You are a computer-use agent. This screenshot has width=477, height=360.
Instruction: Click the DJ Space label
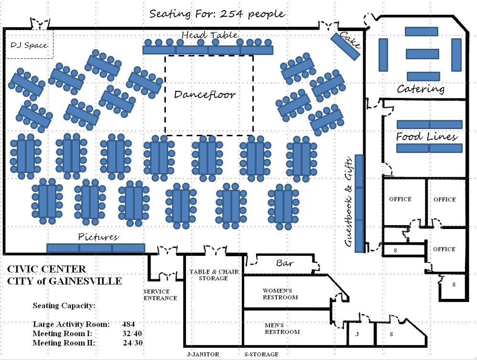pos(29,45)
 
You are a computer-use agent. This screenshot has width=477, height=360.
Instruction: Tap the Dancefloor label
pos(205,94)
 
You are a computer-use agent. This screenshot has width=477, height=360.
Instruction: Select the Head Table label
pos(209,35)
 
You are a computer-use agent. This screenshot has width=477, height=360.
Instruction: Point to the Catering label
pos(421,89)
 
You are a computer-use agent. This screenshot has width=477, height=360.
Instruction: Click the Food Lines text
pos(426,137)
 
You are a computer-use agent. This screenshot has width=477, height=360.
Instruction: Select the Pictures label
pos(98,237)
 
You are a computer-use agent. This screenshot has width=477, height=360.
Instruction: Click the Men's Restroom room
pos(282,328)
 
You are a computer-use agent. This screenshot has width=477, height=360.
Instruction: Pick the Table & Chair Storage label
pos(214,275)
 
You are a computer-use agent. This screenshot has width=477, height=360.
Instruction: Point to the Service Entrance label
pos(160,295)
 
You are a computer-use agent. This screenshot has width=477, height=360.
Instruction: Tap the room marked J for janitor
pos(357,334)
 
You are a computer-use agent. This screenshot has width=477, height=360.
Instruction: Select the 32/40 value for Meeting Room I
pos(132,333)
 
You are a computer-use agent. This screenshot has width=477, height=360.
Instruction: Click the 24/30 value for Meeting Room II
pos(133,343)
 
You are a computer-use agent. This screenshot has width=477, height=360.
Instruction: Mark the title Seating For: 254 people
pos(217,13)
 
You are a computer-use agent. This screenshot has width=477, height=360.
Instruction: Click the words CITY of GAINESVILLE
pos(65,281)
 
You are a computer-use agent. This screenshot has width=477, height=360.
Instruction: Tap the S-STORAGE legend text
pos(261,354)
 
